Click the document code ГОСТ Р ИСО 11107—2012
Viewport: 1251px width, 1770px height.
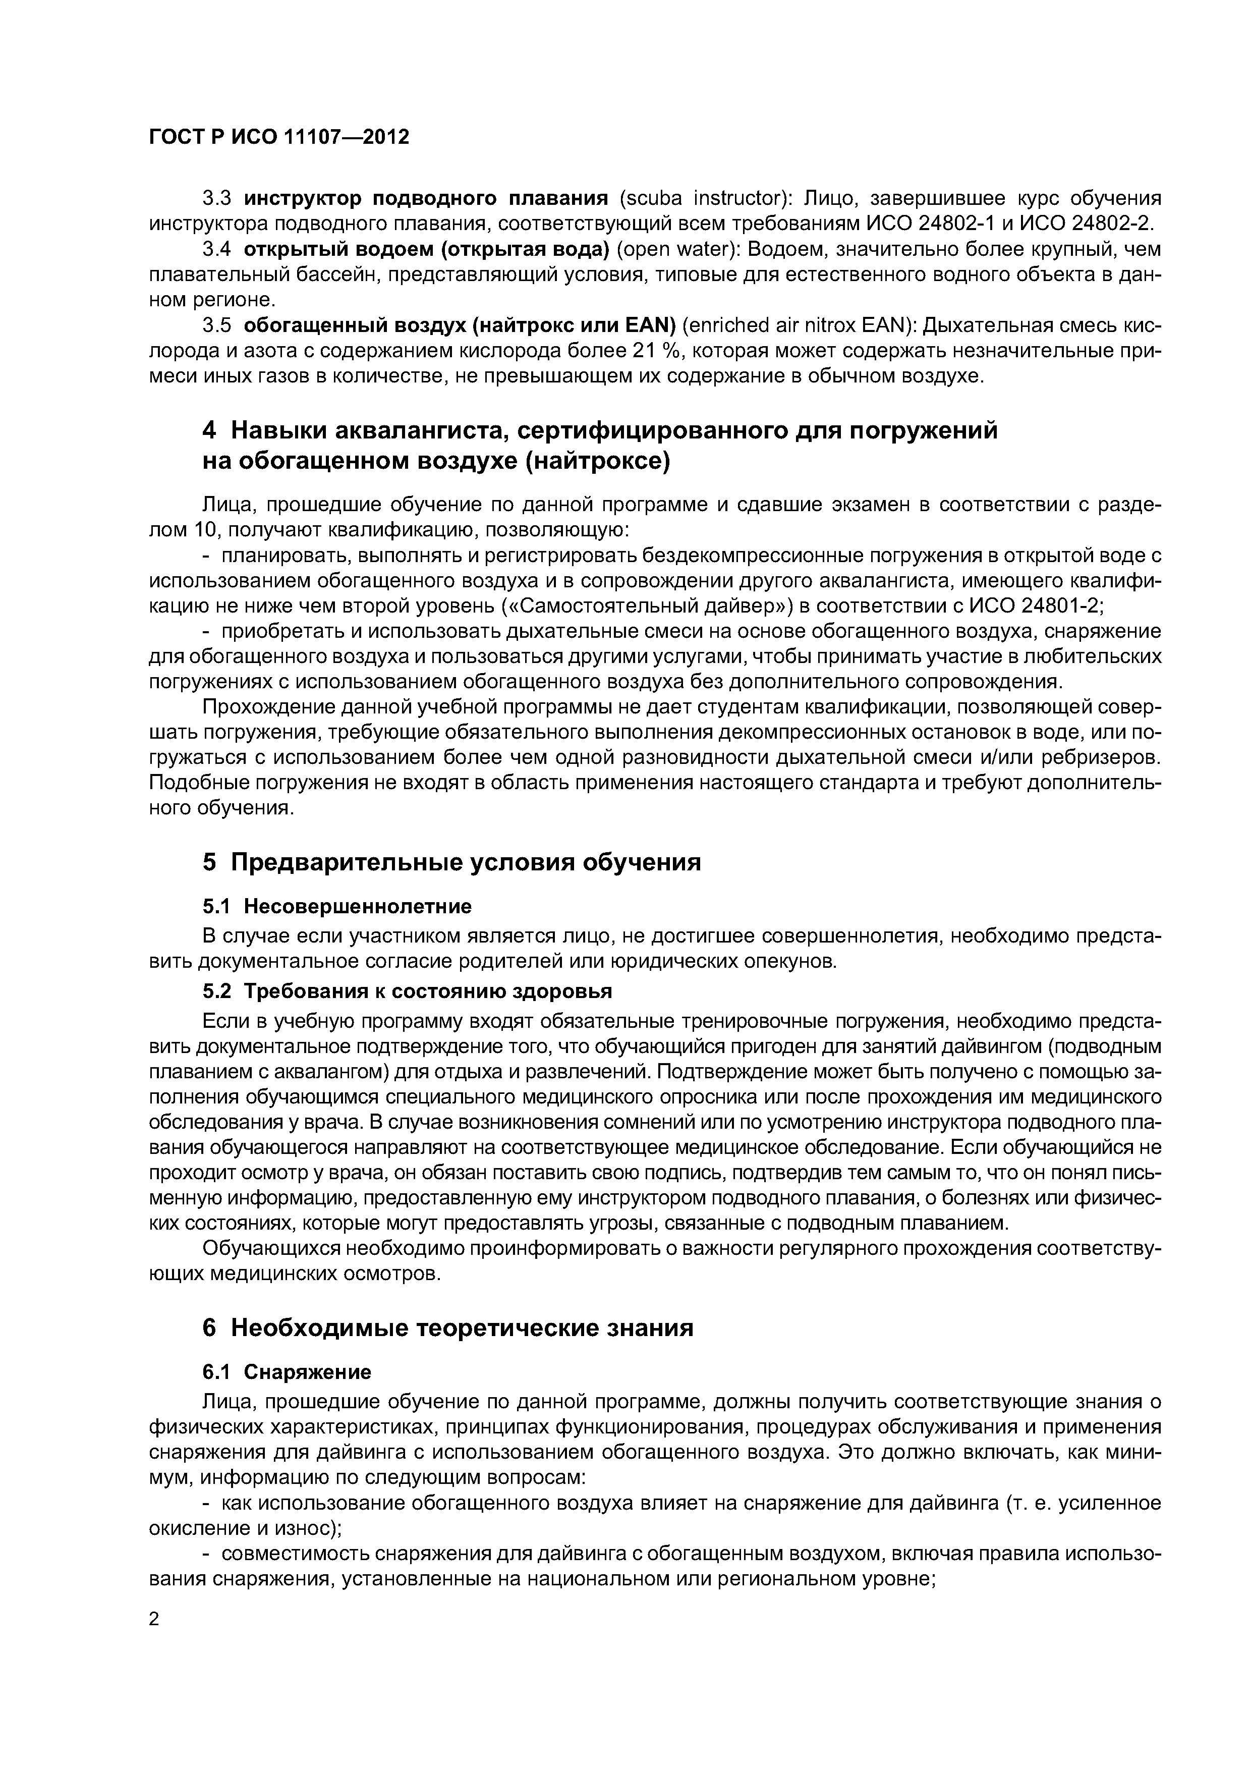tap(278, 137)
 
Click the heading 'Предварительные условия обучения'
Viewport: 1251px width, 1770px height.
tap(466, 862)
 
